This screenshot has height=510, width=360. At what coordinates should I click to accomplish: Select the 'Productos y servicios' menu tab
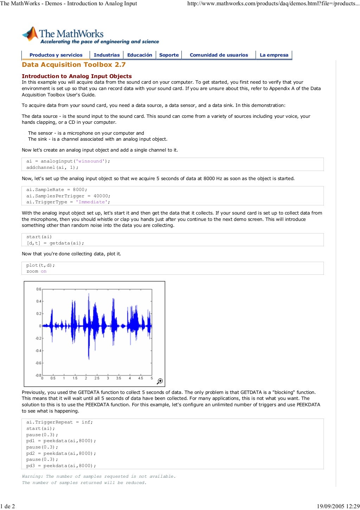coord(56,55)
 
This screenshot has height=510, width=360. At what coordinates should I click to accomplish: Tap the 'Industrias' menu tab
coord(107,55)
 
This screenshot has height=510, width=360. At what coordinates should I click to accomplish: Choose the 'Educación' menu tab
coord(140,55)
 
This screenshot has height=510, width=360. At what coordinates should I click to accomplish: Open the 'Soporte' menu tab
coord(169,55)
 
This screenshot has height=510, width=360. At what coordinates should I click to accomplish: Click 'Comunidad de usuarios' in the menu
coord(219,55)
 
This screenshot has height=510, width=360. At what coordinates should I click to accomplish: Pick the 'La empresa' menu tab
coord(274,55)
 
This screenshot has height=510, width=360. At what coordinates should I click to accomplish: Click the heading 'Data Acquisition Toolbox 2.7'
coord(73,65)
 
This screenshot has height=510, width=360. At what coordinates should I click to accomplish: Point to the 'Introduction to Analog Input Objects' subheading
coord(77,76)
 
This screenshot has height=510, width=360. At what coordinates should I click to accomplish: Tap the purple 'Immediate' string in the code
coord(92,202)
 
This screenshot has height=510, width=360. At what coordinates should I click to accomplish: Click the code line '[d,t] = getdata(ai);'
coord(55,243)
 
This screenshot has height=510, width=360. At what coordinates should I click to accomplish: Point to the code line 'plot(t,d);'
coord(40,265)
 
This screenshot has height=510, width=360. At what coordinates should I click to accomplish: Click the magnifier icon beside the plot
coord(160,381)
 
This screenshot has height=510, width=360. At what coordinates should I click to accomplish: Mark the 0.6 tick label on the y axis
coord(38,289)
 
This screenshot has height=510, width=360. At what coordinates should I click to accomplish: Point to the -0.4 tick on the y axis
coord(38,351)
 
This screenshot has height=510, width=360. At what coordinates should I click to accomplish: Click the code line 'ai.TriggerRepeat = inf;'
coord(59,422)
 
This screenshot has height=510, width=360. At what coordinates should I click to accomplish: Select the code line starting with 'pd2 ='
coord(61,453)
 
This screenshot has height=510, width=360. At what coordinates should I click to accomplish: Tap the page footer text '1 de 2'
coord(7,506)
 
